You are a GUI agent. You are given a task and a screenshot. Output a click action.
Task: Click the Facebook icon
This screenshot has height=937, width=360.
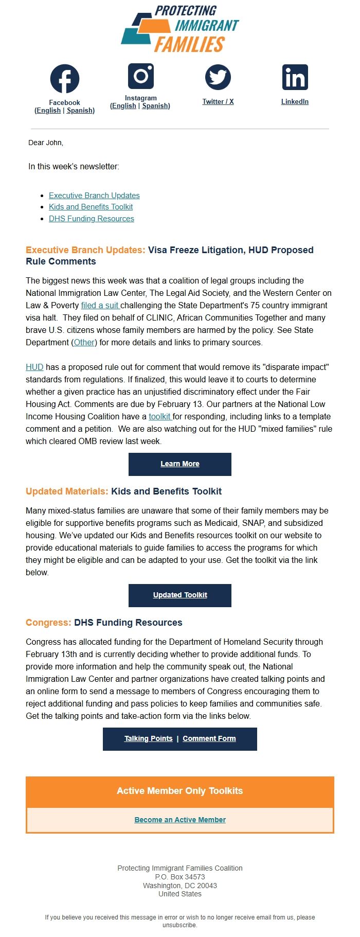click(65, 79)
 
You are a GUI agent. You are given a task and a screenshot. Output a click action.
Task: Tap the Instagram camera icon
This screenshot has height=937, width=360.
click(141, 76)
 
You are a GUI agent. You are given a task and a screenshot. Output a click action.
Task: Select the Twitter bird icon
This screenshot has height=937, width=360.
click(218, 78)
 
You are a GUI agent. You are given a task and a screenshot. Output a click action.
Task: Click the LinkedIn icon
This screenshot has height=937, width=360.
click(295, 78)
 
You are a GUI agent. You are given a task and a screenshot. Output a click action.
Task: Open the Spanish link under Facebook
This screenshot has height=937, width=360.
click(80, 111)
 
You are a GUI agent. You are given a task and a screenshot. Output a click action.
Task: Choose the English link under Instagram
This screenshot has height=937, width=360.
click(124, 106)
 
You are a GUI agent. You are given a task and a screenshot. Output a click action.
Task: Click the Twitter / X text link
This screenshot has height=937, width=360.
click(218, 102)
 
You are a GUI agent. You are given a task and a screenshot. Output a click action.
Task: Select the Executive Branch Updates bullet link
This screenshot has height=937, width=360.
click(94, 196)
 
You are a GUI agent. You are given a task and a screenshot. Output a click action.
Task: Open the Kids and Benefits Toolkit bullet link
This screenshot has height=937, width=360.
click(91, 207)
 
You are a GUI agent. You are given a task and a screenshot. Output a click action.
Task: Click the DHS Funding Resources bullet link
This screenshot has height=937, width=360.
click(92, 219)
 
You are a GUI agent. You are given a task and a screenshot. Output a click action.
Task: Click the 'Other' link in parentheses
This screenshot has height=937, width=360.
click(84, 342)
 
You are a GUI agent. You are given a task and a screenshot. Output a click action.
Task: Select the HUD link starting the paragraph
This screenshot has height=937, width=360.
click(34, 367)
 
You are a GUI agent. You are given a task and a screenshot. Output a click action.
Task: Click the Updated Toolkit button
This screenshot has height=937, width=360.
click(180, 595)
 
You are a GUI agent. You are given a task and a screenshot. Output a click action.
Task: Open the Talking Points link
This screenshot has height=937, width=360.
click(148, 738)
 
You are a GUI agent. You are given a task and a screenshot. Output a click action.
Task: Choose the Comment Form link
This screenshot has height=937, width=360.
click(209, 738)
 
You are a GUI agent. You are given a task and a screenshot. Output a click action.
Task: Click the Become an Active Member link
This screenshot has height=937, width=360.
click(180, 820)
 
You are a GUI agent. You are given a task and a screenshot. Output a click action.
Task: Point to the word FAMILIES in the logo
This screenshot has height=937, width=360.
click(189, 45)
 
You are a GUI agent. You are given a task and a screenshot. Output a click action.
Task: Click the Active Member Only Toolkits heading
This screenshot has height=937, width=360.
click(180, 791)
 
